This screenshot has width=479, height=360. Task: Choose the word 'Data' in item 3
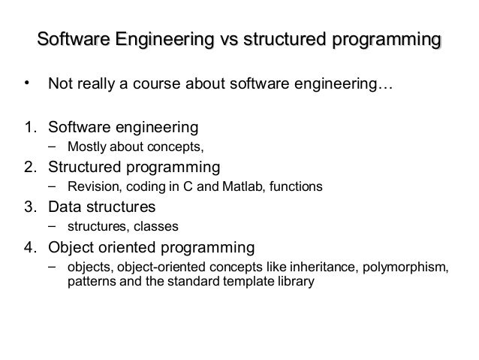pyautogui.click(x=65, y=206)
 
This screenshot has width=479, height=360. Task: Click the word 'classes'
pyautogui.click(x=152, y=226)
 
